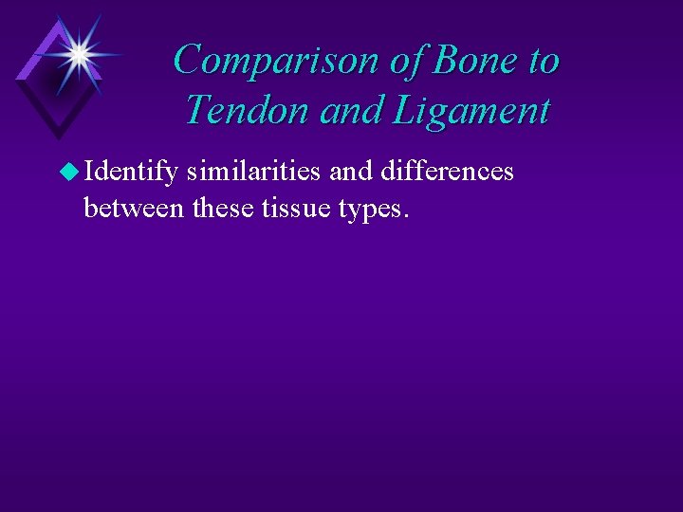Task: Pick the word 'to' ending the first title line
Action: click(544, 61)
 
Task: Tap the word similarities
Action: click(254, 172)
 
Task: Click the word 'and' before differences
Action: click(350, 172)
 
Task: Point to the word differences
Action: click(447, 172)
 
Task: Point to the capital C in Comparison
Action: click(187, 60)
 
